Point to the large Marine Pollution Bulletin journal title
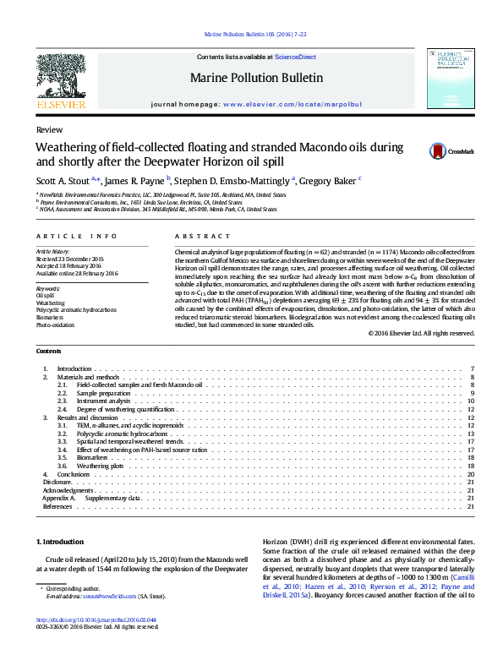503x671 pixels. [x=256, y=78]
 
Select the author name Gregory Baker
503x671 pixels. [x=330, y=179]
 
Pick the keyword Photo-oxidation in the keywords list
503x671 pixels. [x=55, y=325]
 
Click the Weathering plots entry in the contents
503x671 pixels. [x=100, y=466]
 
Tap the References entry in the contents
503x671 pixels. [x=57, y=506]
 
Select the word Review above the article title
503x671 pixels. [x=47, y=130]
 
